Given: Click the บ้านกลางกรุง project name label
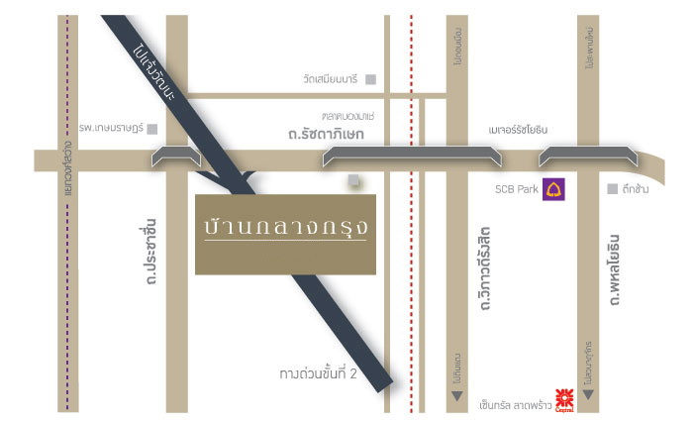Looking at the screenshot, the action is tap(285, 229).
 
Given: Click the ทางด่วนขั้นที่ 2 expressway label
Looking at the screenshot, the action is tap(317, 374).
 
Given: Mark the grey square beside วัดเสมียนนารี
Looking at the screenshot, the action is tap(370, 79).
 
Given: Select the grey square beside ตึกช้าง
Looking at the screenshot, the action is tap(613, 188).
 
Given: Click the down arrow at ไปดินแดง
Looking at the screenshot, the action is tap(457, 396).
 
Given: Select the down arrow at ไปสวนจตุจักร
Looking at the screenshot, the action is tap(588, 396).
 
